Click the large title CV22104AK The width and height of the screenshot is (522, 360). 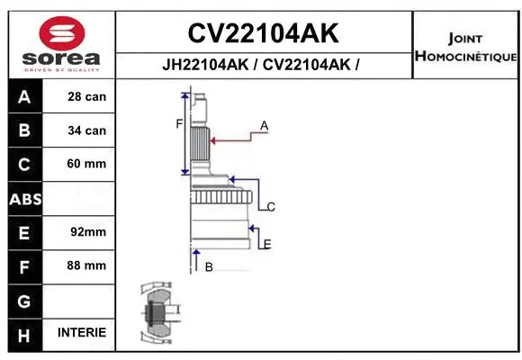(x=263, y=33)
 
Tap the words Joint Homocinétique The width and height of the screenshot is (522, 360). (x=465, y=48)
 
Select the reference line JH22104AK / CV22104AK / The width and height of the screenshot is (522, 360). (x=263, y=65)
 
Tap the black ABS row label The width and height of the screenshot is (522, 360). (x=24, y=199)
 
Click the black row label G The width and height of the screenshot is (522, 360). (x=24, y=300)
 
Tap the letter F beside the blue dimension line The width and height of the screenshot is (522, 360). (x=179, y=124)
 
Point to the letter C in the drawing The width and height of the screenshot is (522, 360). (x=270, y=207)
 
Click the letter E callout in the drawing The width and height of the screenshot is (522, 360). (x=267, y=244)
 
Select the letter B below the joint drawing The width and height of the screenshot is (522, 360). (x=208, y=266)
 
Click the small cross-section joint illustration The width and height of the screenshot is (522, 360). (x=158, y=315)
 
